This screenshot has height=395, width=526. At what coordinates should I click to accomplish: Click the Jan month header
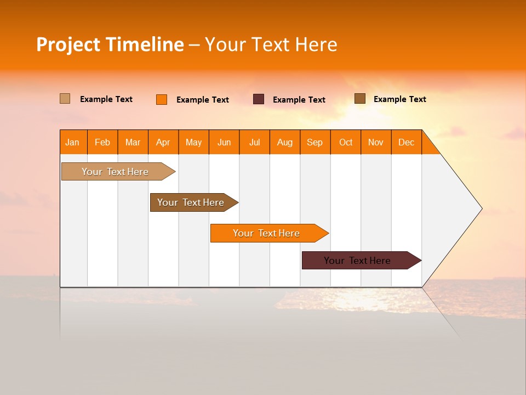[72, 143]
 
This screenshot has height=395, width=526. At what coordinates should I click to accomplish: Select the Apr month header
[163, 143]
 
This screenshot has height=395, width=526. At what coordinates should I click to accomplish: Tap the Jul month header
[254, 143]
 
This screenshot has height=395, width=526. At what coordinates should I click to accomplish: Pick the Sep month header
[315, 143]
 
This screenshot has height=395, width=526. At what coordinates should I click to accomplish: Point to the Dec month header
[406, 143]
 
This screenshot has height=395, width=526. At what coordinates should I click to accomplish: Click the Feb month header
[102, 143]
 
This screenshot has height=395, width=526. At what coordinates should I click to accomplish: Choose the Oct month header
[345, 143]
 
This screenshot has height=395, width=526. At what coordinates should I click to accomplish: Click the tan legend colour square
[65, 99]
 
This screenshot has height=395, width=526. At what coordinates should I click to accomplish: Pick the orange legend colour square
[162, 99]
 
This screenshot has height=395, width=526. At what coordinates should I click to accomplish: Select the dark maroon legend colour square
[259, 99]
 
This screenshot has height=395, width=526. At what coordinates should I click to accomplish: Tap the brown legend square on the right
[359, 99]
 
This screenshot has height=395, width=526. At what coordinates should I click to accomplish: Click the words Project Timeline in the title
[110, 44]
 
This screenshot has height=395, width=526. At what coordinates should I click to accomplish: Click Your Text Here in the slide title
[271, 44]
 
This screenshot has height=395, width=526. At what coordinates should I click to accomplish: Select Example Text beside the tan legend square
[106, 99]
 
